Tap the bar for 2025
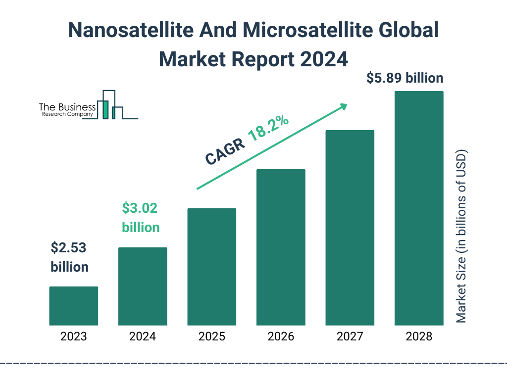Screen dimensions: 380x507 click(x=211, y=267)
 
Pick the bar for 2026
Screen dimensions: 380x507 click(x=281, y=247)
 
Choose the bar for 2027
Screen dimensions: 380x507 click(x=350, y=228)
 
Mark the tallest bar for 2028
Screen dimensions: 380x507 click(x=419, y=208)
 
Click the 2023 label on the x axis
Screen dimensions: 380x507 click(x=73, y=337)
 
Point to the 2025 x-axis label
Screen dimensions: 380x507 click(x=211, y=337)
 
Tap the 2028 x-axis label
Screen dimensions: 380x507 click(x=419, y=337)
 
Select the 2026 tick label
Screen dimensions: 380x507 click(x=281, y=337)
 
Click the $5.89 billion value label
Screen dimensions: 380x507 click(x=405, y=78)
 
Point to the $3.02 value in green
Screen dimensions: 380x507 click(x=140, y=208)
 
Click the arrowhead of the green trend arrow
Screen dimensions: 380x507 click(x=343, y=106)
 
